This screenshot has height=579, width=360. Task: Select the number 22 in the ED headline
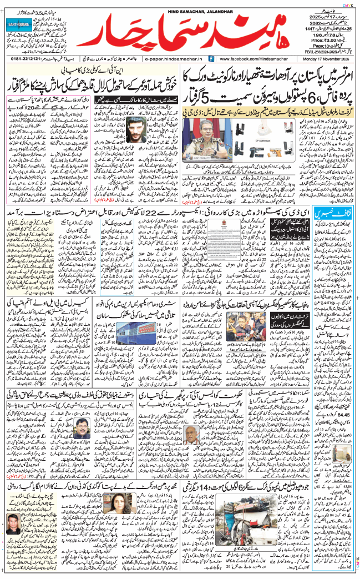pos(174,214)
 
